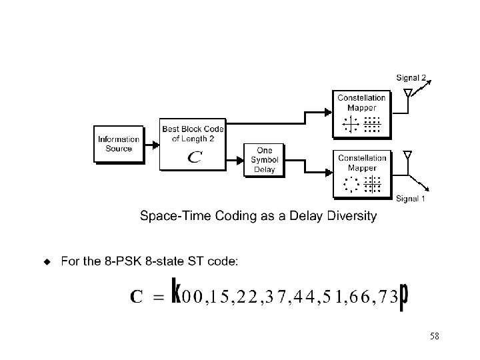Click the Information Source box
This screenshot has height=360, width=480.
point(119,143)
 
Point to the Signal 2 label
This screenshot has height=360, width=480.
point(411,78)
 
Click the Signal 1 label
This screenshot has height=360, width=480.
point(411,198)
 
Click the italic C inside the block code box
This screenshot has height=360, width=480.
point(193,158)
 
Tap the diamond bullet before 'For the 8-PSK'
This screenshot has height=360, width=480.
point(47,261)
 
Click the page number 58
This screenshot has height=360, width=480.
point(434,337)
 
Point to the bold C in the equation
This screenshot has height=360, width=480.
point(136,297)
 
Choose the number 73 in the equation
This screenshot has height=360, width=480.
point(389,297)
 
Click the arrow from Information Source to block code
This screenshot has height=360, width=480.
point(151,143)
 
